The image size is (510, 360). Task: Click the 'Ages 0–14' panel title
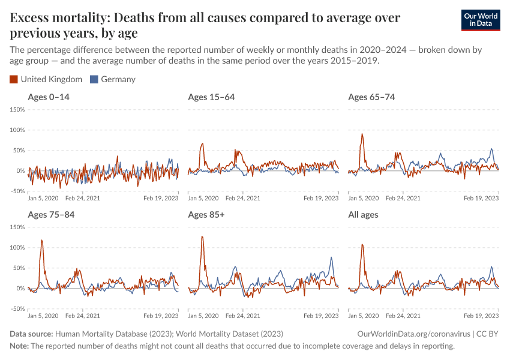click(x=49, y=97)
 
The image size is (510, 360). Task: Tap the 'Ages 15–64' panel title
click(x=211, y=97)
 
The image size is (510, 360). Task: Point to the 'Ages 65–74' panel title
click(x=371, y=97)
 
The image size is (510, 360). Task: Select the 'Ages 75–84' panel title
click(x=51, y=215)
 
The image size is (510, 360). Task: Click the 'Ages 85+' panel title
click(x=206, y=215)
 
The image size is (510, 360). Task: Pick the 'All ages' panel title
click(x=363, y=215)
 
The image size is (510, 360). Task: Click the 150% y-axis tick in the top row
click(x=16, y=109)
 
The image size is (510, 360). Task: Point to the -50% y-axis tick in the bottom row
click(x=16, y=309)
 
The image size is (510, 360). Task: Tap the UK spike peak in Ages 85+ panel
click(x=202, y=236)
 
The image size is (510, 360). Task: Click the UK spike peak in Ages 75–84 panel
click(x=42, y=240)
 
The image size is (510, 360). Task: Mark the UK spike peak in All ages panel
click(x=362, y=244)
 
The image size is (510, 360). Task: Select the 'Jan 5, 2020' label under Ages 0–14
click(x=43, y=198)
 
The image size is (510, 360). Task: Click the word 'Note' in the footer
click(x=19, y=346)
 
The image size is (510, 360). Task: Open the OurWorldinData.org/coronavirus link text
click(x=409, y=334)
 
